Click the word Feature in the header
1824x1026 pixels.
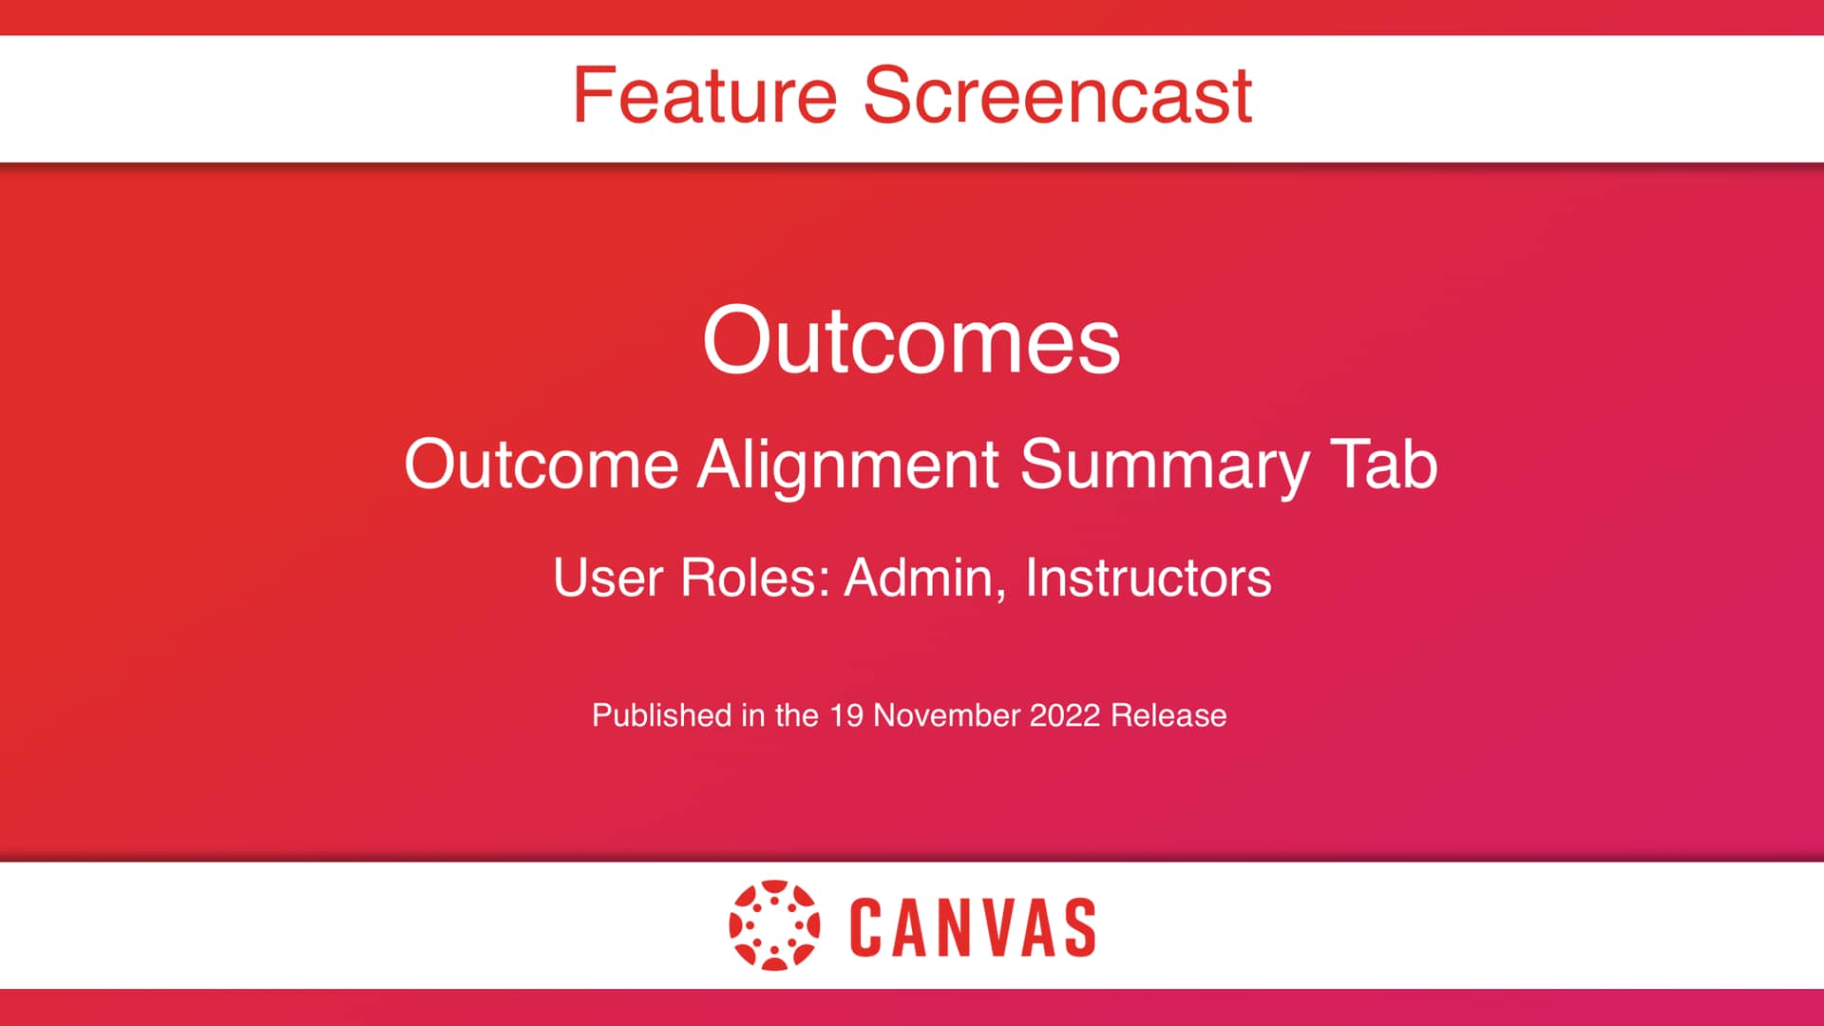[x=704, y=95]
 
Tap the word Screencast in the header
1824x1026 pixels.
[x=1057, y=95]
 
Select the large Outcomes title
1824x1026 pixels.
[x=911, y=340]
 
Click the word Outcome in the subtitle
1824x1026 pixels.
[x=541, y=465]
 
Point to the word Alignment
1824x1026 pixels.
[x=848, y=465]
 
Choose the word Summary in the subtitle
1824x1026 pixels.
[x=1165, y=465]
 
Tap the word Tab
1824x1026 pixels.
[x=1383, y=465]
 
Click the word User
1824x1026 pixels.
[x=607, y=578]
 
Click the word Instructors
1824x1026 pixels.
[x=1148, y=578]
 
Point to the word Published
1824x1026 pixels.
[x=661, y=715]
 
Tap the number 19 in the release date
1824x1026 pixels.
[x=845, y=715]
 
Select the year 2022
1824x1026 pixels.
[x=1064, y=715]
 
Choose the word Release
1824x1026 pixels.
[x=1168, y=715]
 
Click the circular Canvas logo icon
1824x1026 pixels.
[x=774, y=925]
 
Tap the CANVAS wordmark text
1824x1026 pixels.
[x=973, y=927]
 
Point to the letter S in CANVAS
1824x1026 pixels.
[x=1079, y=927]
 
